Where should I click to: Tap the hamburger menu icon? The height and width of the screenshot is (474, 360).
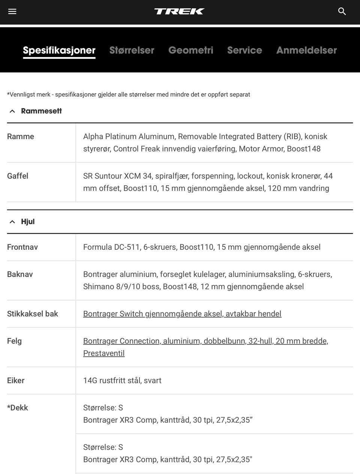pos(12,11)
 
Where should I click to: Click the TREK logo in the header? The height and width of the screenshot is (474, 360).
pos(179,11)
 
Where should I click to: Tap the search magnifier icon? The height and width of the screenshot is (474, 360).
pos(342,11)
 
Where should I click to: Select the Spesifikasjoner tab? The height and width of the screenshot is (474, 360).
pos(59,50)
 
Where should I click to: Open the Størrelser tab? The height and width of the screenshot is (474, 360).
pos(132,50)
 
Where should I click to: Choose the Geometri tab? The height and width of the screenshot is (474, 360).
pos(190,50)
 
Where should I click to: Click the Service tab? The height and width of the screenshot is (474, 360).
pos(244,50)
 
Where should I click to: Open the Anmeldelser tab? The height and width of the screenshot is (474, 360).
pos(306,50)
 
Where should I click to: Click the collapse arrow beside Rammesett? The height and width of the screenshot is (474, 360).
pos(12,111)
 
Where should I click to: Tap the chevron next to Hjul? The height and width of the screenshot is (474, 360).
pos(12,222)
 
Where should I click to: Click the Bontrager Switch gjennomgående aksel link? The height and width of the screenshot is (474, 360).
pos(182,314)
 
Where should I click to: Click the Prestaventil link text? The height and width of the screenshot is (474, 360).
pos(104,353)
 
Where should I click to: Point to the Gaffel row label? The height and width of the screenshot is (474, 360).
pos(18,176)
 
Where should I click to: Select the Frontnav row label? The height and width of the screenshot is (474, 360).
pos(22,247)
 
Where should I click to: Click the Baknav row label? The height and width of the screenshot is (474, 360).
pos(20,274)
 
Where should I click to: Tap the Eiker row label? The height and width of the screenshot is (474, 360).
pos(16,380)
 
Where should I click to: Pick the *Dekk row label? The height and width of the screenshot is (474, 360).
pos(18,408)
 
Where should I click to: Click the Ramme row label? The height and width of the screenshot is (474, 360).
pos(21,136)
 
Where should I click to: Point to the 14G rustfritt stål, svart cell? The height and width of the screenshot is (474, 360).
pos(122,380)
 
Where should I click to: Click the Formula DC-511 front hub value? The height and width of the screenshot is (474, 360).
pos(202,247)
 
